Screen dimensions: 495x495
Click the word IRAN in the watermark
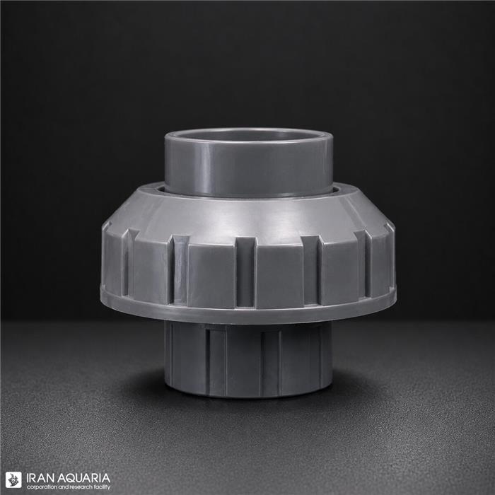[37, 477]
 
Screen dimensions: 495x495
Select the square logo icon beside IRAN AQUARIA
[13, 480]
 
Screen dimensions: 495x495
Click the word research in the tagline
[82, 487]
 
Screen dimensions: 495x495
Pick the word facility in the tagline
[103, 487]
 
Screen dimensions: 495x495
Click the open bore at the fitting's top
[248, 135]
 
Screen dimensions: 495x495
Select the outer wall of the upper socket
[248, 167]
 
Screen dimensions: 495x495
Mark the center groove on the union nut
[245, 272]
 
